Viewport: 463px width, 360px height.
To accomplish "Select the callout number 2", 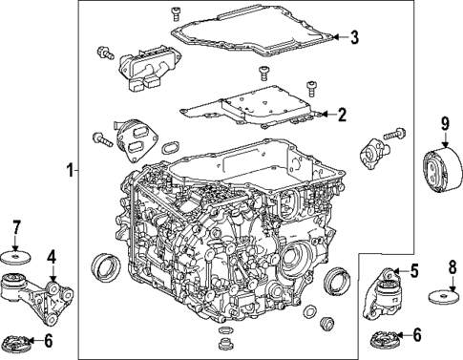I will pyautogui.click(x=342, y=115).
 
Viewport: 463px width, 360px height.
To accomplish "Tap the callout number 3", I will pyautogui.click(x=353, y=38).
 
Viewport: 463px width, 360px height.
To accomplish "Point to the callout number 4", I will pyautogui.click(x=52, y=256).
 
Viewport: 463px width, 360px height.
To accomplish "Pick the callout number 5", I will pyautogui.click(x=413, y=271).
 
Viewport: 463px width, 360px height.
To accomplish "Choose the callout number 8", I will pyautogui.click(x=452, y=266).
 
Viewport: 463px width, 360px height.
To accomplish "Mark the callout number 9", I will pyautogui.click(x=444, y=122).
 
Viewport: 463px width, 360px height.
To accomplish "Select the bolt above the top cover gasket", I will pyautogui.click(x=176, y=12).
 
